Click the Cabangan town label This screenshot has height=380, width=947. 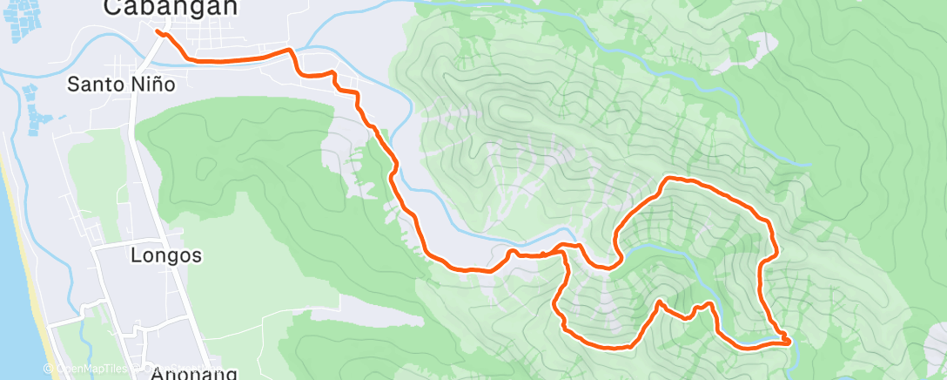[158, 8]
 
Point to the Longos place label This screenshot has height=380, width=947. [165, 256]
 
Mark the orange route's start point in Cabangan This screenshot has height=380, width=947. [158, 32]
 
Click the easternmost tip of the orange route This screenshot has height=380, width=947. [789, 342]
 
